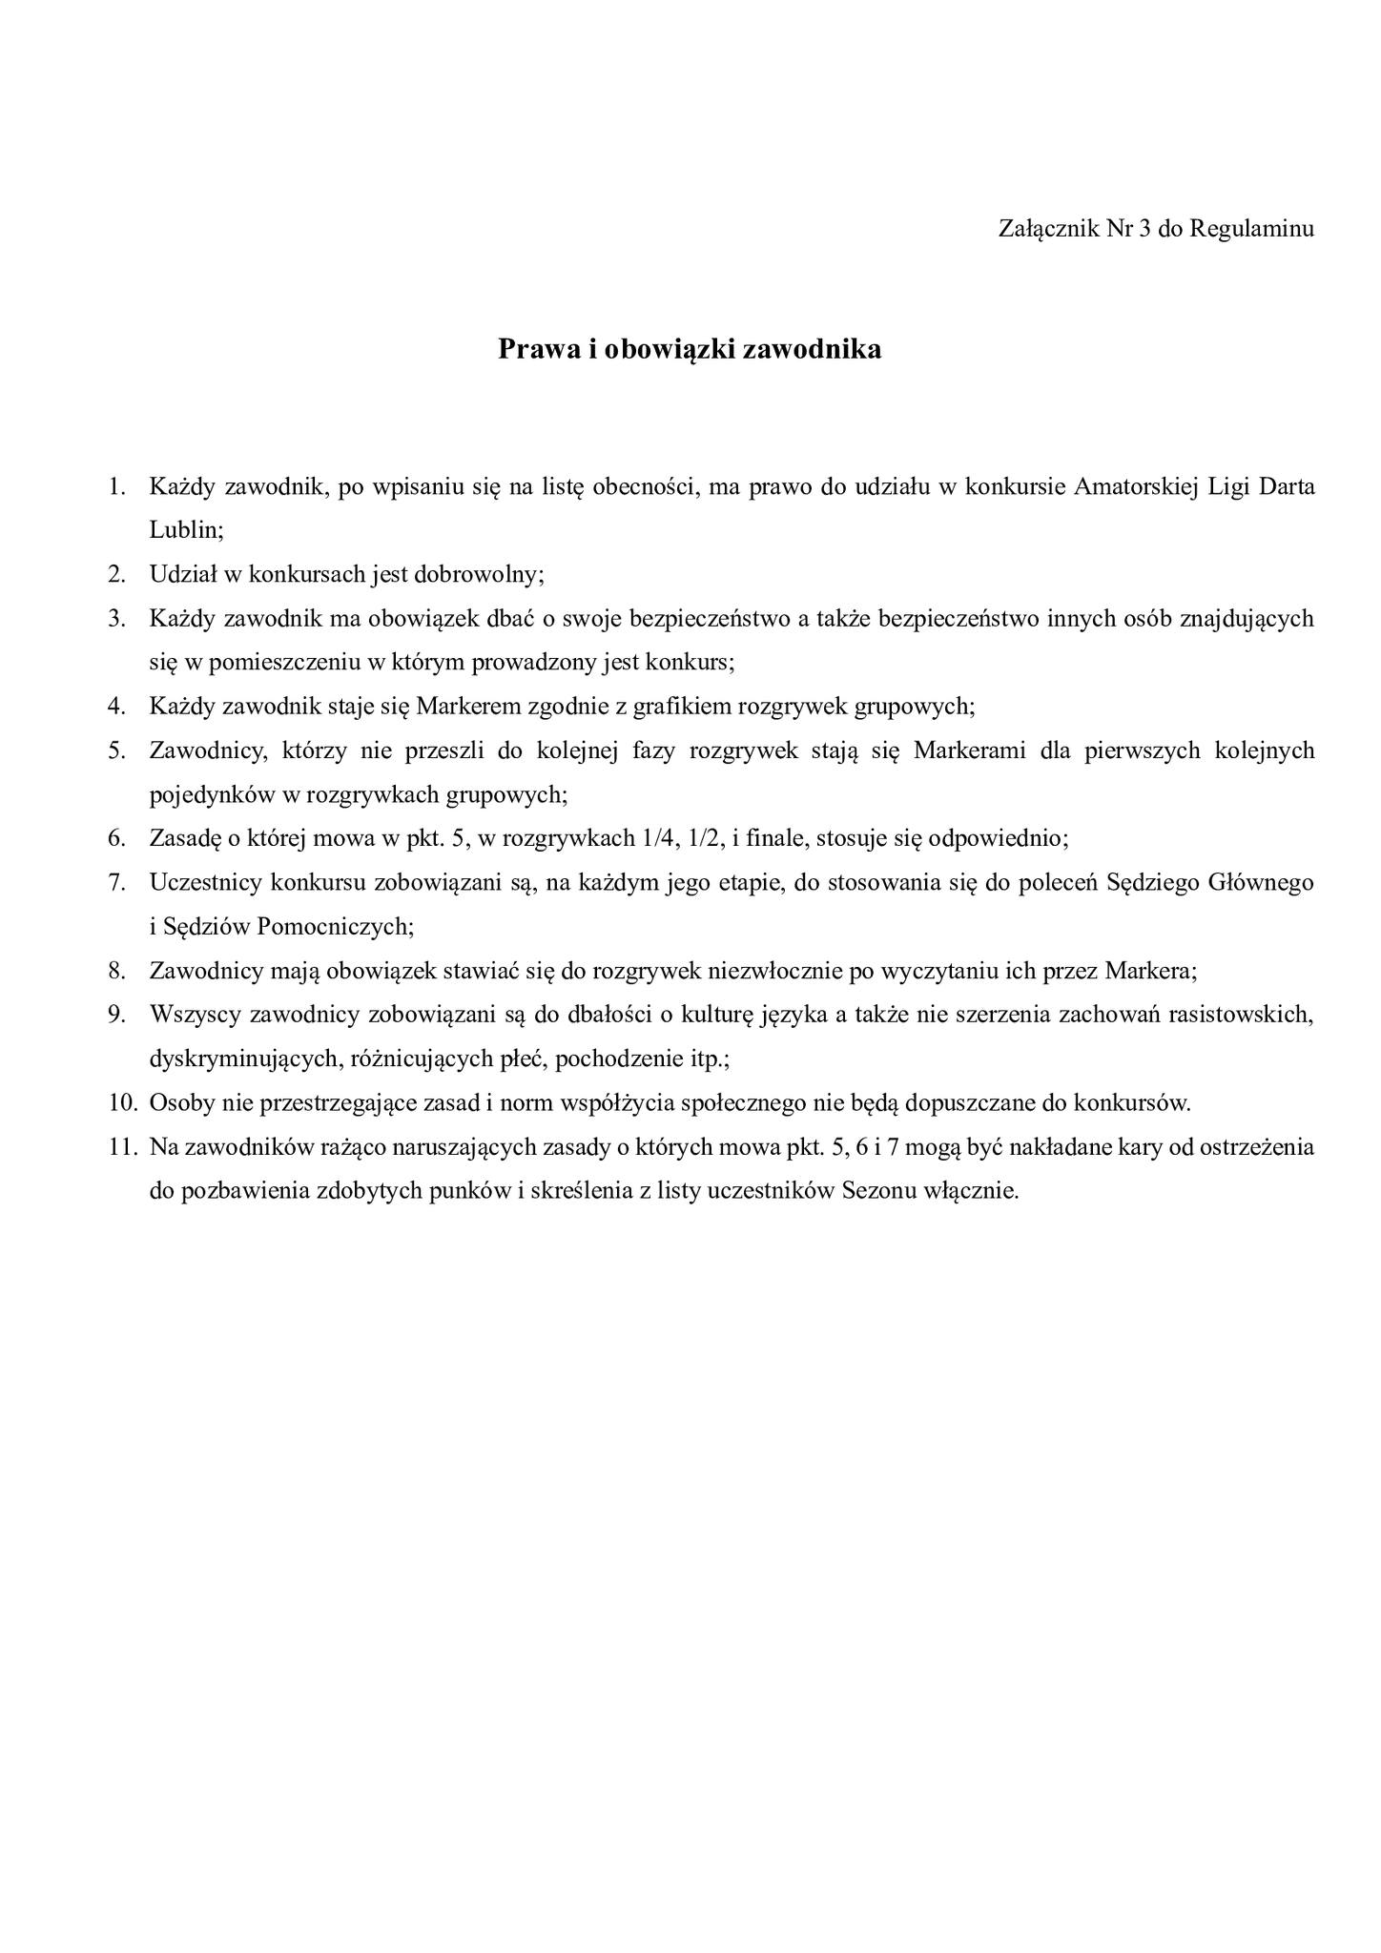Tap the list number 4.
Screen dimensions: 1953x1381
point(116,707)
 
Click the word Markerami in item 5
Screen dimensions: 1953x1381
point(970,750)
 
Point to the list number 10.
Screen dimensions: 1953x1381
point(122,1103)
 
